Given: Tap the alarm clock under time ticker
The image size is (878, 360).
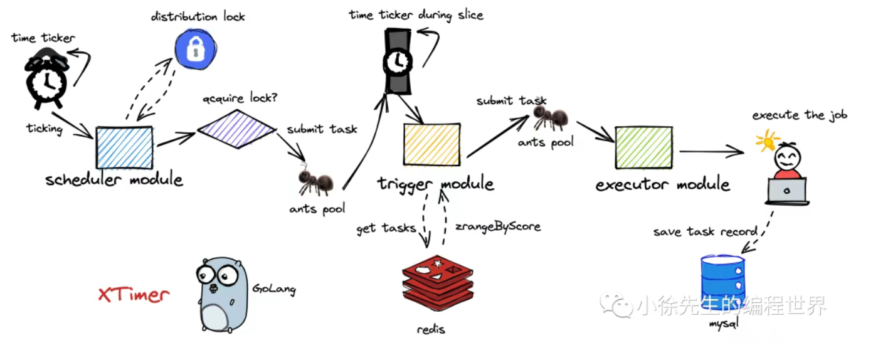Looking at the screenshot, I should pyautogui.click(x=45, y=78).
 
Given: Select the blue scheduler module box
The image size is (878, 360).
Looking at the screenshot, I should pyautogui.click(x=124, y=148).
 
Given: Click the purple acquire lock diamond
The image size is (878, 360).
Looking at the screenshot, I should pyautogui.click(x=236, y=130).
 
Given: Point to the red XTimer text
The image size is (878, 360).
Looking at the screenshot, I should pyautogui.click(x=134, y=294).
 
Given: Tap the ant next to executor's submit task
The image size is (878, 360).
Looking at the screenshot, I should pyautogui.click(x=550, y=117).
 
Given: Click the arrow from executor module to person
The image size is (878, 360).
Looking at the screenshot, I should pyautogui.click(x=712, y=151).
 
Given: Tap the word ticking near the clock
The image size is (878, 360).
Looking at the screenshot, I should pyautogui.click(x=45, y=129).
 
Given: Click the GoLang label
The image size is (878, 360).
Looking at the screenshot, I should pyautogui.click(x=273, y=289).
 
